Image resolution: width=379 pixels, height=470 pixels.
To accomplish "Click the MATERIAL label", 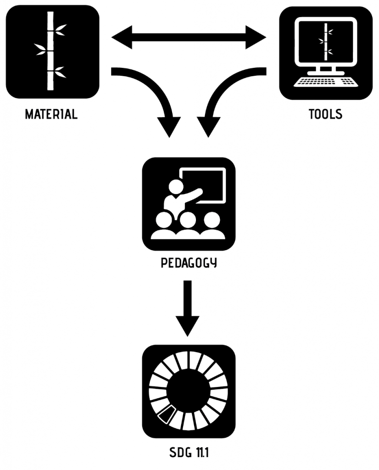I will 51,114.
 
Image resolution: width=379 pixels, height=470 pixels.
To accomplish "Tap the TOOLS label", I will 326,114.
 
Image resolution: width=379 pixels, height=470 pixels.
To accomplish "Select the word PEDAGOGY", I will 189,264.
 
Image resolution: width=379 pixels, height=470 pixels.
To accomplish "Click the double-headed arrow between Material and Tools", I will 189,37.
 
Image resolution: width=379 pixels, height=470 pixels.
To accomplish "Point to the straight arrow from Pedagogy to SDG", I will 188,308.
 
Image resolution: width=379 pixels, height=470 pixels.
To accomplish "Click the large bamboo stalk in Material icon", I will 50,50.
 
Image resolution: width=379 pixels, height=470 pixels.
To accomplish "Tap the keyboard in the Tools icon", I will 326,83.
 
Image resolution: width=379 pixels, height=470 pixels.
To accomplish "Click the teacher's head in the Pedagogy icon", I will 175,187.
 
